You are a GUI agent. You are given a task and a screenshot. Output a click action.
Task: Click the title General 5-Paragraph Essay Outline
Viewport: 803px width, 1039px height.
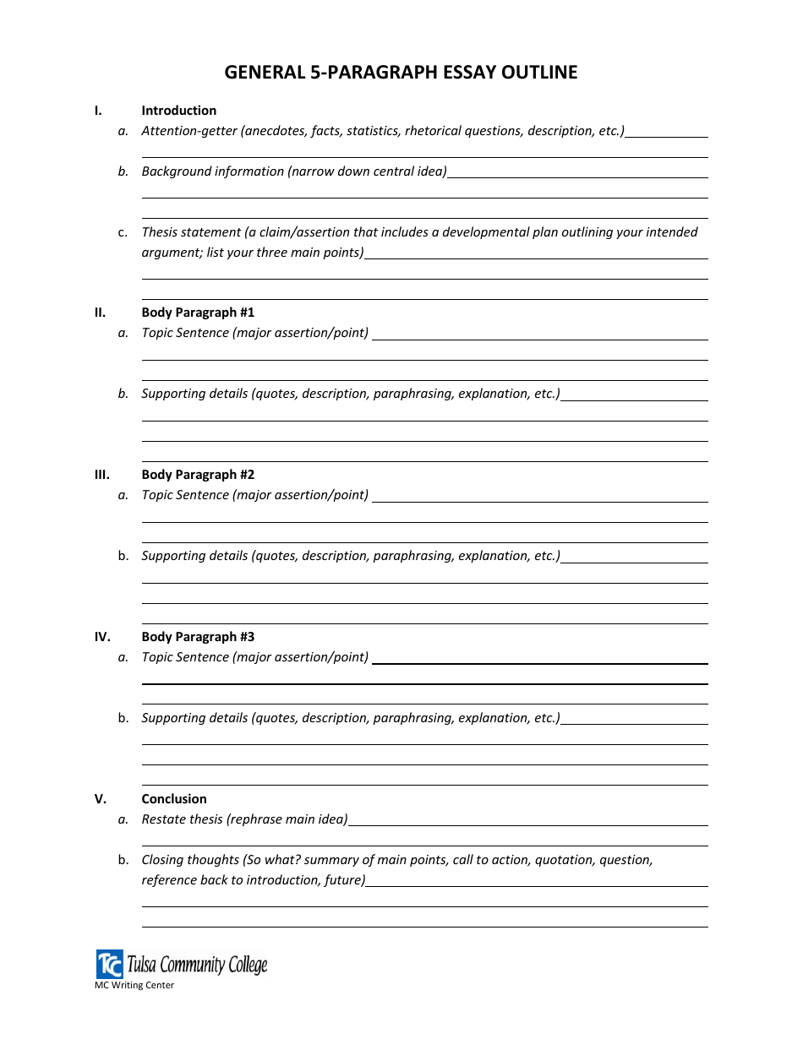pyautogui.click(x=401, y=73)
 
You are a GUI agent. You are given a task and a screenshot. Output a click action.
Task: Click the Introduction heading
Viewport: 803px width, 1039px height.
pyautogui.click(x=178, y=111)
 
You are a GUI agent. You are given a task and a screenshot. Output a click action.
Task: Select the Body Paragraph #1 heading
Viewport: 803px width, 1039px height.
pyautogui.click(x=198, y=313)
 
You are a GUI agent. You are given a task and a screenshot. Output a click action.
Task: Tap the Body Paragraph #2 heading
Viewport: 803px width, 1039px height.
pyautogui.click(x=198, y=475)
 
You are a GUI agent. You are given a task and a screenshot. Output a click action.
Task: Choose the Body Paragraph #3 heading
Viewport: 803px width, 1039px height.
pyautogui.click(x=198, y=637)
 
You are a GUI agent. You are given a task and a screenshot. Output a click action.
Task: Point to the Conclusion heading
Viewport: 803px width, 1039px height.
pyautogui.click(x=174, y=799)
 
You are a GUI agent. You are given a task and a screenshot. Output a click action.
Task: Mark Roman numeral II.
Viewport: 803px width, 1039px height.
pyautogui.click(x=99, y=313)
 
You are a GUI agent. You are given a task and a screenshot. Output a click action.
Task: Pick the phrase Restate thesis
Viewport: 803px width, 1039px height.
pyautogui.click(x=182, y=819)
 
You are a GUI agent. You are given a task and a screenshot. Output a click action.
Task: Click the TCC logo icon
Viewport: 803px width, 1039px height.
pyautogui.click(x=109, y=964)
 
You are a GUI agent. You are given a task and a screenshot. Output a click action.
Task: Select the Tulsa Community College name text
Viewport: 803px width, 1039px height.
pyautogui.click(x=196, y=965)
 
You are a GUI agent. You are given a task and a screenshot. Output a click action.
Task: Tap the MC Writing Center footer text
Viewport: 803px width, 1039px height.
pyautogui.click(x=134, y=985)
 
